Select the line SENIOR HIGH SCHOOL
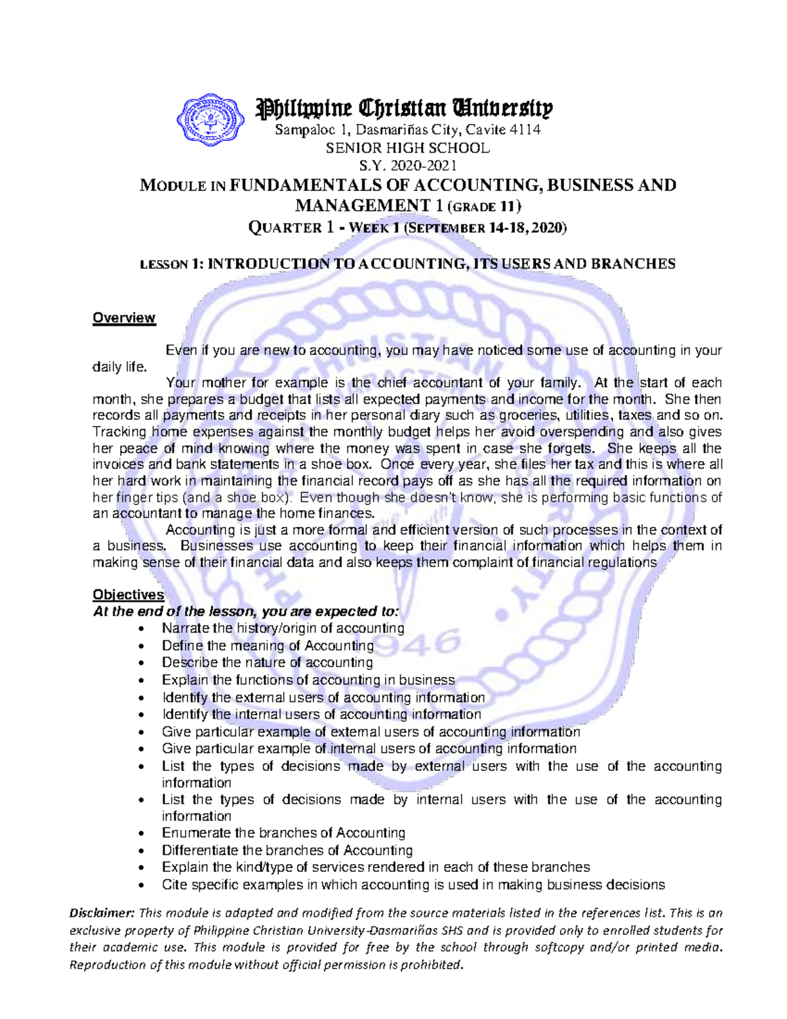(407, 148)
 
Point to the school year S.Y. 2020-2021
(407, 165)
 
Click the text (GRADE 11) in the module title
(484, 207)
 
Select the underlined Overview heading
(124, 318)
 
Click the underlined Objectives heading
(128, 595)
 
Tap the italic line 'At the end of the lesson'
(245, 612)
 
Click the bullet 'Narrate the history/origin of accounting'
(283, 629)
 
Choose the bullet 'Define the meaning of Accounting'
(268, 646)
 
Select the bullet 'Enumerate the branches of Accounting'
(283, 833)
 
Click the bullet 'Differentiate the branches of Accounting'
(287, 850)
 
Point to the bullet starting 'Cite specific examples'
(413, 884)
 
